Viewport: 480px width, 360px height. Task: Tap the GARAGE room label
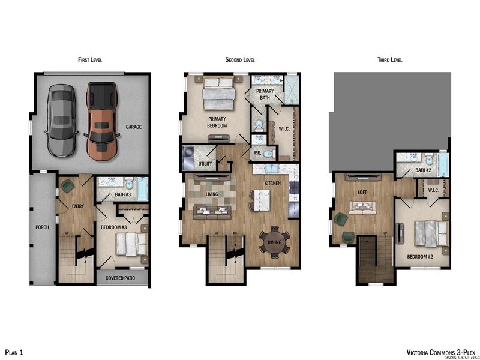(x=134, y=127)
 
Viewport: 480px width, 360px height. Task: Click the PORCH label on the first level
(x=41, y=227)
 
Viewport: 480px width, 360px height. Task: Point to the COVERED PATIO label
(x=122, y=278)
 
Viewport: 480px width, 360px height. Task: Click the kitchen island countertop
(x=262, y=200)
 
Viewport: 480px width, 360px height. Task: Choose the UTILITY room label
(x=206, y=164)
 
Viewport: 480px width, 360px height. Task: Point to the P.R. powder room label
(x=256, y=153)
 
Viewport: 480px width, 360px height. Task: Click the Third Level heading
(x=389, y=60)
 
